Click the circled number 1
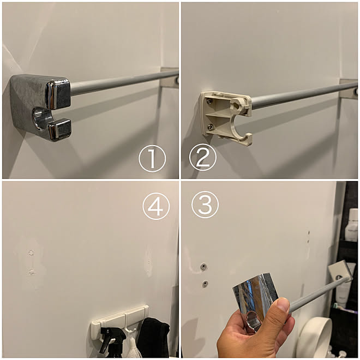coord(152,159)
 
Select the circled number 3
coord(205,205)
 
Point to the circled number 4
coord(156,206)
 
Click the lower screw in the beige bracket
coord(211,126)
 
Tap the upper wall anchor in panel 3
coord(203,267)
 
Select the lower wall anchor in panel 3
coord(205,283)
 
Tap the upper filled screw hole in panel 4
coord(32,253)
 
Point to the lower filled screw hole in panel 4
coord(32,272)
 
